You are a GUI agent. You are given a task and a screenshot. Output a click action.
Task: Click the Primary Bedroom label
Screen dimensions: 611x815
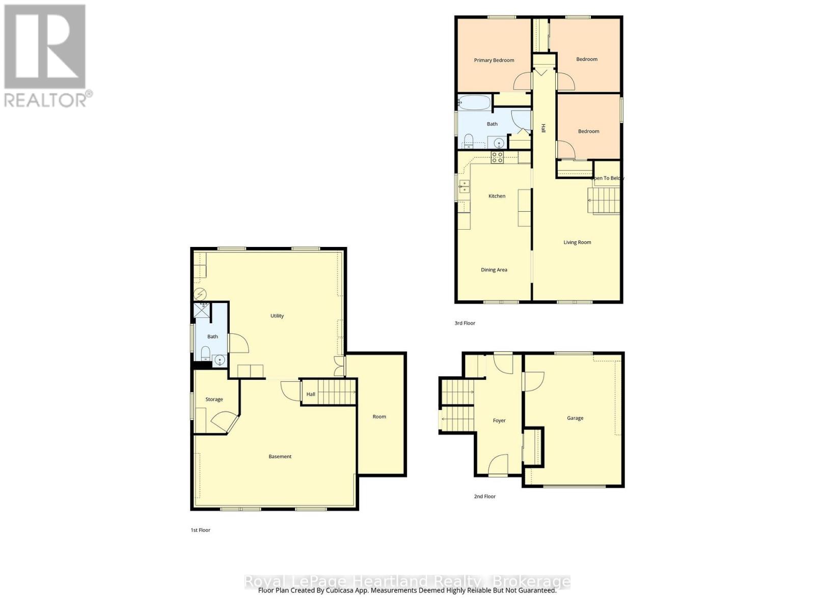point(494,60)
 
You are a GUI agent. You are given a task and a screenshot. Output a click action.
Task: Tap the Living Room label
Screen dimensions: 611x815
point(577,242)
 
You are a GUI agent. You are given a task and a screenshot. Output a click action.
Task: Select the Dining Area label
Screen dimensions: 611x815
point(494,270)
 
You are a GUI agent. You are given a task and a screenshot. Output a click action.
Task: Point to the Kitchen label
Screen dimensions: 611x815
point(497,196)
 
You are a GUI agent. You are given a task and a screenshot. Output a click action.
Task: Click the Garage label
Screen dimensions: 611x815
point(575,418)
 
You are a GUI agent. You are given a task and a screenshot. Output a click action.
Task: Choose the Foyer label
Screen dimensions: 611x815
point(499,421)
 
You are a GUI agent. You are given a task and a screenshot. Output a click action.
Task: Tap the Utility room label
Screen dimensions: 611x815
point(277,316)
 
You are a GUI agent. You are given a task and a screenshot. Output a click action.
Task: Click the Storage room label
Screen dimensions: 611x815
point(214,399)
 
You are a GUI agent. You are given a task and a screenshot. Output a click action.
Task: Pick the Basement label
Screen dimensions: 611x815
point(280,457)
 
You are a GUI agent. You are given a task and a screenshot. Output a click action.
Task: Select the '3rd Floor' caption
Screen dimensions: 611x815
point(465,323)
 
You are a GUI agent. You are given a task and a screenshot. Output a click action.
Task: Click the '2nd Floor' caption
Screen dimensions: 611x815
point(484,496)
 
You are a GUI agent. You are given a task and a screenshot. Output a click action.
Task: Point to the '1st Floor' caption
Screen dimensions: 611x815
point(200,530)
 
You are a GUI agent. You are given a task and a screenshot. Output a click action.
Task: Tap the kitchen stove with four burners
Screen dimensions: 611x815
point(497,157)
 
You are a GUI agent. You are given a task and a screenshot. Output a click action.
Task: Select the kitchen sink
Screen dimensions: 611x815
point(464,186)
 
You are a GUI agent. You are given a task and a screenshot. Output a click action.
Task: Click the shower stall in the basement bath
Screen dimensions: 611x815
point(202,310)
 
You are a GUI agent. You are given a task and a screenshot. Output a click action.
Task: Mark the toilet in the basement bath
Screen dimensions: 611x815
point(205,352)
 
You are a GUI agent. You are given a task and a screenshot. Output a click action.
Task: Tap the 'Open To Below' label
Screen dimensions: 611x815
point(607,178)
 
